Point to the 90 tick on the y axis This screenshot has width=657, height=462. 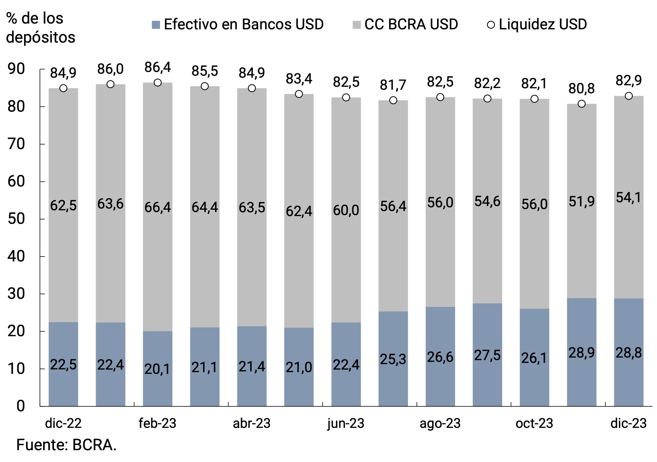pos(16,69)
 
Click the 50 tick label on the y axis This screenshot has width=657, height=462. pos(16,219)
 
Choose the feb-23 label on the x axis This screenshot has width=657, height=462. pos(157,423)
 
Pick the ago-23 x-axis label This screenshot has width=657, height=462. pos(440,423)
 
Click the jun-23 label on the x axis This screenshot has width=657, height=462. pos(346,423)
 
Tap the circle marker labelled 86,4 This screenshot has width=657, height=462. pos(158,83)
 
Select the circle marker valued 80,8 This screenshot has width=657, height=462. pos(581,104)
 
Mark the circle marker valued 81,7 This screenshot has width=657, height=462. pos(393,100)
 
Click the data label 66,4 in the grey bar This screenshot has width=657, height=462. pos(158,207)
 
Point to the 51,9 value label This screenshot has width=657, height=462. pos(581,202)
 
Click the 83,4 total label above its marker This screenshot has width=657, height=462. pos(299,79)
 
